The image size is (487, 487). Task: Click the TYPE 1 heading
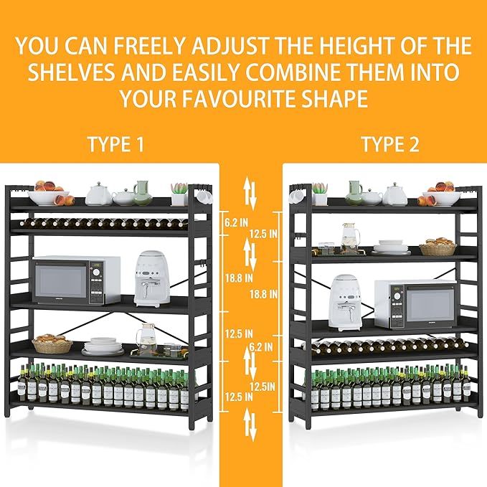point(115,144)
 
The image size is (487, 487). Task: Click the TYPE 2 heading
point(389,144)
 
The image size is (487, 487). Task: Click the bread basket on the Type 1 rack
point(52,344)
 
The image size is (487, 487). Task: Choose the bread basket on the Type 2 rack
point(438,248)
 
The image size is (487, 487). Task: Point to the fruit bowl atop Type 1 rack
point(49,194)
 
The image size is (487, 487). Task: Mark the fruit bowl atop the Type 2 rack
point(441,195)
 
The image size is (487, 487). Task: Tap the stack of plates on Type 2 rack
point(391,247)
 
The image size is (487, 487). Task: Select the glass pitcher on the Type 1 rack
point(148,337)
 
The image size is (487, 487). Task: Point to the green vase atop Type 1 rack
point(142,192)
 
